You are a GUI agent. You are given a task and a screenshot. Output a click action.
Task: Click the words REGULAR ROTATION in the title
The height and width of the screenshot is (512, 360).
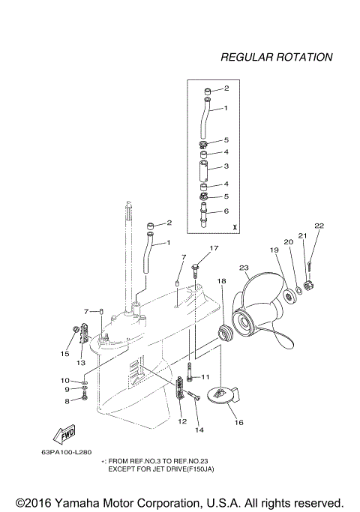tap(277, 57)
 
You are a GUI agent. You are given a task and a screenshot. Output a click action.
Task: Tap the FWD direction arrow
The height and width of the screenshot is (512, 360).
tap(58, 435)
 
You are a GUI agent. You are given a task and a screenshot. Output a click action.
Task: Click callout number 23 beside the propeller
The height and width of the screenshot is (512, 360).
tap(244, 268)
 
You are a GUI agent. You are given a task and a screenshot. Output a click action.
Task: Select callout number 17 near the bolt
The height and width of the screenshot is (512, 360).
tap(214, 248)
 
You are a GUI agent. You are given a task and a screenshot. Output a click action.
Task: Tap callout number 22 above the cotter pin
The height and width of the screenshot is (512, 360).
tap(319, 226)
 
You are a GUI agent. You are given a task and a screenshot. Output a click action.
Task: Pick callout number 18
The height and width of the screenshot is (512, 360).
tap(221, 280)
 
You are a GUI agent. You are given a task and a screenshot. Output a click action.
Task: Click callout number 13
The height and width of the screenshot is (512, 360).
tap(80, 362)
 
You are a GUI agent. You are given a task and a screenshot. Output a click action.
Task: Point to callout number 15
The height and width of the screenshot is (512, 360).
tap(64, 353)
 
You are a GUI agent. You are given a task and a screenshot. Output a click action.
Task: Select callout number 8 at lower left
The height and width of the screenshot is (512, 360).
tap(66, 401)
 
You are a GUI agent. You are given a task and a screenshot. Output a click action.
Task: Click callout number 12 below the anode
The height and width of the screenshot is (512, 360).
tap(182, 422)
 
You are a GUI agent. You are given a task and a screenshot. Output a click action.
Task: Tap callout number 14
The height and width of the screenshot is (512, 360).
tap(199, 430)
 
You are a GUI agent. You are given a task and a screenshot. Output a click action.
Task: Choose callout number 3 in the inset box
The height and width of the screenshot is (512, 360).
tap(226, 166)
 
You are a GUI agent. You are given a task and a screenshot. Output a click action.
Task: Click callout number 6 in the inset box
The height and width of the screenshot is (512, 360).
tap(226, 211)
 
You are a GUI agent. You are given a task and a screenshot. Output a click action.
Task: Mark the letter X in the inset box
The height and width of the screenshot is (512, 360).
tap(235, 226)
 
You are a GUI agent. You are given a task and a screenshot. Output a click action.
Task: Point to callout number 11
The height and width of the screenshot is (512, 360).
tap(205, 376)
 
